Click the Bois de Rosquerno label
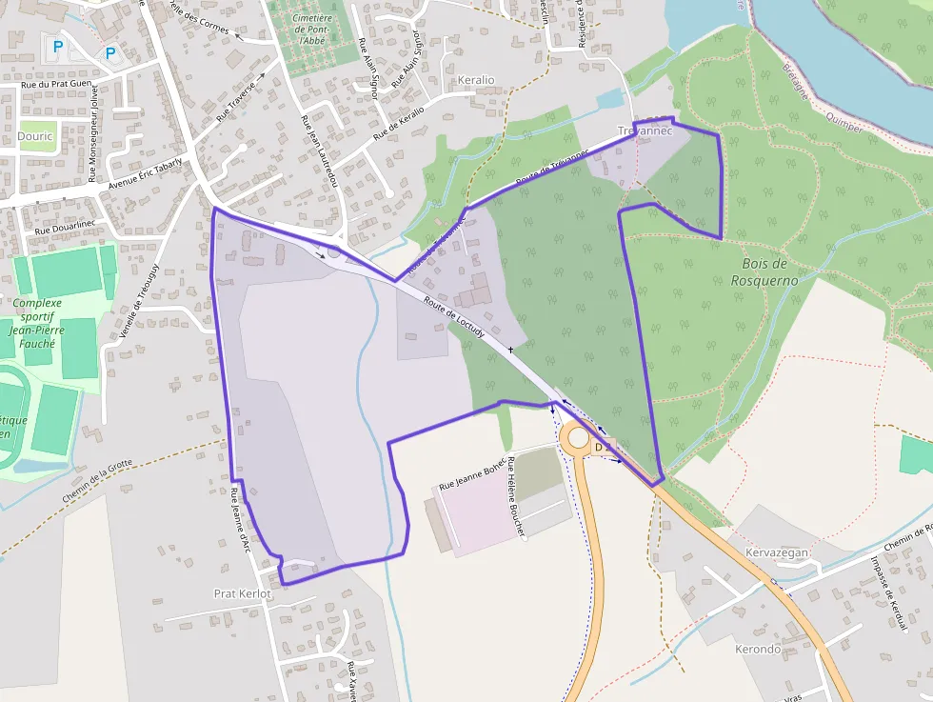(764, 271)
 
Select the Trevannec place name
(645, 130)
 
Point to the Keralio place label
(476, 80)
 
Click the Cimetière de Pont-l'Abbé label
(312, 30)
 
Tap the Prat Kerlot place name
(243, 593)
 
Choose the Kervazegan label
(778, 552)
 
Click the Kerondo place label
(758, 650)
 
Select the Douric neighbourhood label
(35, 136)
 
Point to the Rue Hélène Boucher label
(516, 498)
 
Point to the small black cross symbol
(511, 351)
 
